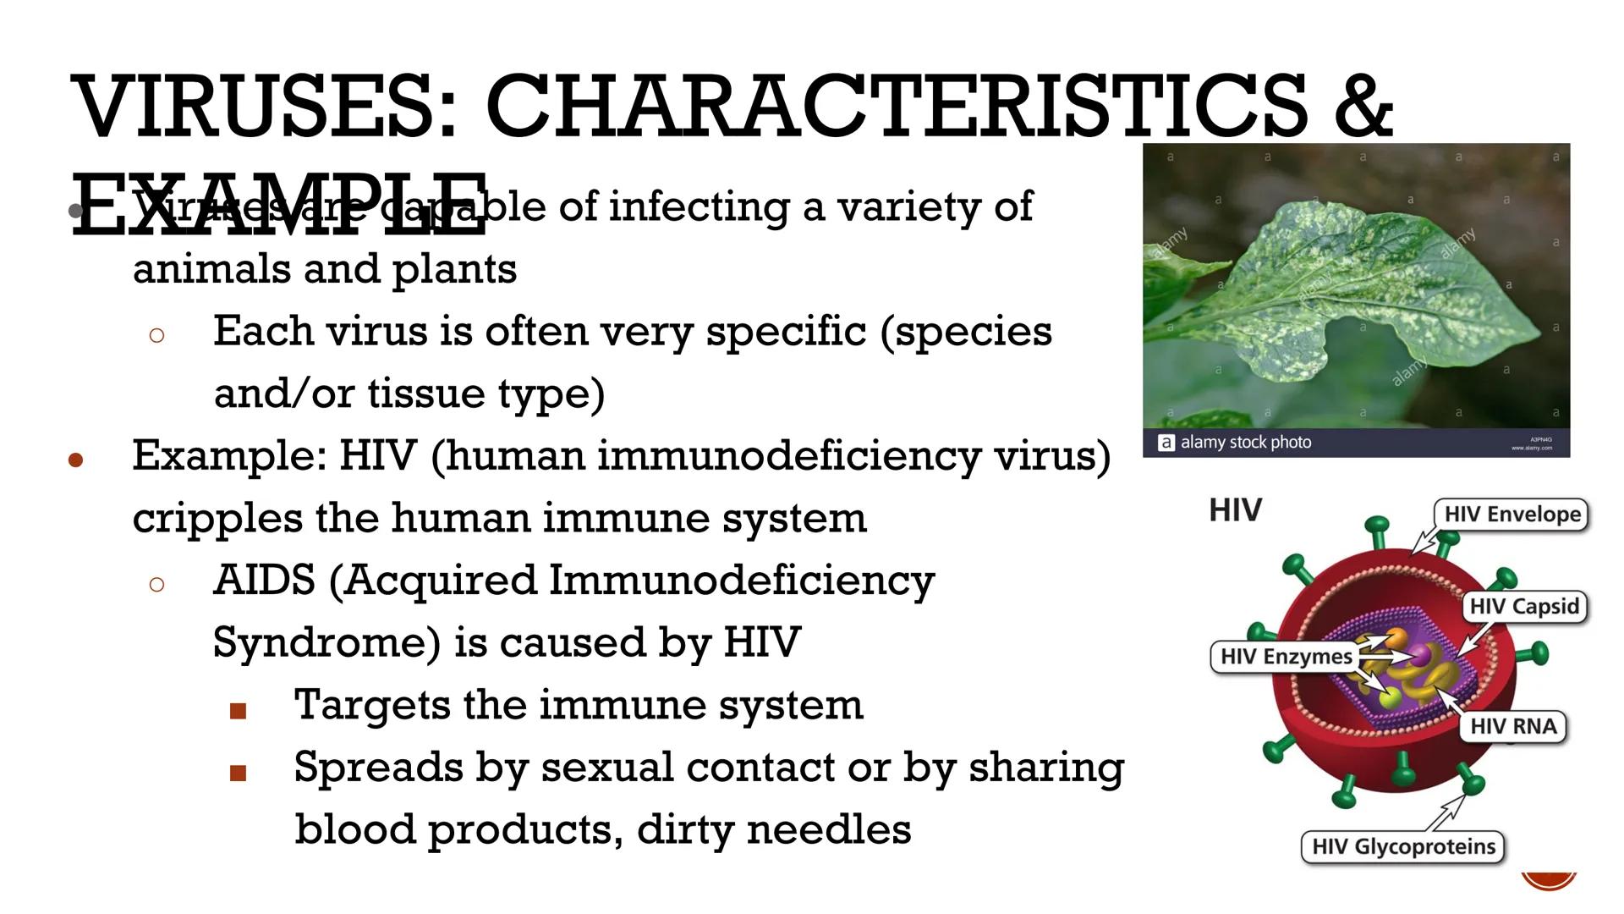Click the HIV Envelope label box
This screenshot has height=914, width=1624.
coord(1512,515)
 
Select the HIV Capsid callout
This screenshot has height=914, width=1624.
coord(1524,607)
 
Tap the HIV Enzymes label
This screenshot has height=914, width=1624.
coord(1286,657)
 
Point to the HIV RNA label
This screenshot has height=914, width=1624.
coord(1512,727)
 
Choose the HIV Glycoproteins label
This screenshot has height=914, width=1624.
coord(1403,847)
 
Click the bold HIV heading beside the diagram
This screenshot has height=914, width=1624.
coord(1235,510)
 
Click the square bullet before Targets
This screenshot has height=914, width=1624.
coord(238,711)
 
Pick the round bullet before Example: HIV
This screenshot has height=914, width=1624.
coord(76,460)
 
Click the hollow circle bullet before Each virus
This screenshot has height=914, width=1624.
coord(156,335)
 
